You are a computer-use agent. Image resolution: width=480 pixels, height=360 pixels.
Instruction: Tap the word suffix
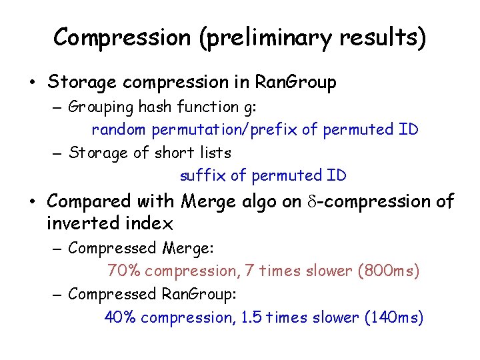(x=201, y=176)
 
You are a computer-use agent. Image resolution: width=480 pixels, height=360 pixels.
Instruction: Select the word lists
(x=212, y=153)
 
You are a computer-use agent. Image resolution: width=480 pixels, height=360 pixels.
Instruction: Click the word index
(x=153, y=223)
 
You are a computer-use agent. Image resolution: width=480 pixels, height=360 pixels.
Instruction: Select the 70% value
(x=123, y=271)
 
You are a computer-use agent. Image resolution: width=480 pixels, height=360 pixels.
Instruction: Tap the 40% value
(x=121, y=317)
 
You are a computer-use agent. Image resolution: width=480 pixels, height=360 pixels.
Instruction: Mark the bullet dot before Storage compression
(x=31, y=83)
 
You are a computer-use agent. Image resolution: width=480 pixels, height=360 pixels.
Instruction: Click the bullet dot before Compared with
(x=31, y=201)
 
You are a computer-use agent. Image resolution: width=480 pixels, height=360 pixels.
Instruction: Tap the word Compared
(x=90, y=201)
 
